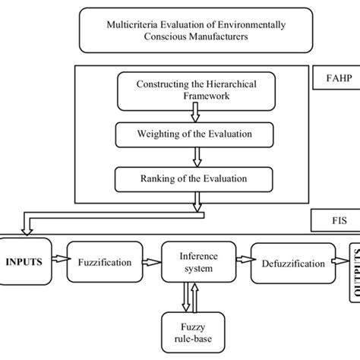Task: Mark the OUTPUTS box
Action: click(352, 266)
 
